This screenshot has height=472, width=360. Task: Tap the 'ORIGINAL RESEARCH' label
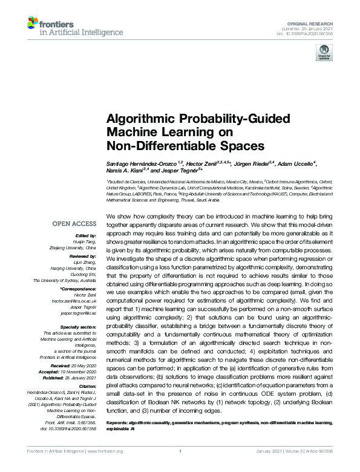pyautogui.click(x=316, y=22)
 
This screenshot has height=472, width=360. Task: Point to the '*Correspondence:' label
pyautogui.click(x=82, y=291)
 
